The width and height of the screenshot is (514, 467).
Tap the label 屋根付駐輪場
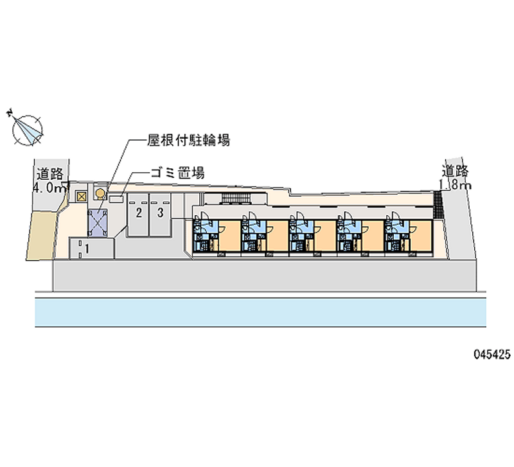point(188,140)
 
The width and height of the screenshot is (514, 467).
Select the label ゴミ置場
point(177,173)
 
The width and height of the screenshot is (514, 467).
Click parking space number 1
point(87,249)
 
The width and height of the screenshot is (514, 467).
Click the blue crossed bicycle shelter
point(98,223)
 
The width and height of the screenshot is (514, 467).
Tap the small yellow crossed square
point(81,197)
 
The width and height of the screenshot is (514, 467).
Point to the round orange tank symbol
point(100,194)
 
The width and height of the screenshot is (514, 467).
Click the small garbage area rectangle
point(116,198)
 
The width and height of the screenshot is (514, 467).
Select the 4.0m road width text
point(51,188)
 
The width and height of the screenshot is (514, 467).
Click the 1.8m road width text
point(456,185)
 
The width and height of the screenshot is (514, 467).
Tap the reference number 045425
point(492,354)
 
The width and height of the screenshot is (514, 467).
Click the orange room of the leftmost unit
point(229,236)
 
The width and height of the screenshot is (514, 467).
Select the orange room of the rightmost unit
point(421,236)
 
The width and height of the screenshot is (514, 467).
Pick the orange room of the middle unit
point(325,236)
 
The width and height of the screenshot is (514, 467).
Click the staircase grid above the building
point(236,198)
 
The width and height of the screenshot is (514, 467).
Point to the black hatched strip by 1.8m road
point(438,204)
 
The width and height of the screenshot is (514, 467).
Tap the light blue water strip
point(261,312)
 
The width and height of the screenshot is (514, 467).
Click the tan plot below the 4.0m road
point(42,235)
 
